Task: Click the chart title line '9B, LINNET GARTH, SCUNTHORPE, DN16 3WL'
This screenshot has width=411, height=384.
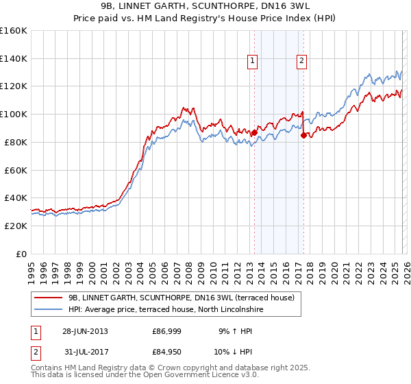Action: coord(206,6)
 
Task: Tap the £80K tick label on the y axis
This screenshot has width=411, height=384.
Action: coord(14,142)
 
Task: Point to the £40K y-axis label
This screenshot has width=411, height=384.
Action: coord(14,197)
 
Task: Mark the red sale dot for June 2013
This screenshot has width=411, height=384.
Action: coord(254,132)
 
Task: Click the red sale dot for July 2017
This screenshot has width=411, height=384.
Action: coord(303,135)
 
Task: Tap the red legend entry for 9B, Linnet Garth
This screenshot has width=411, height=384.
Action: coord(182,298)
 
